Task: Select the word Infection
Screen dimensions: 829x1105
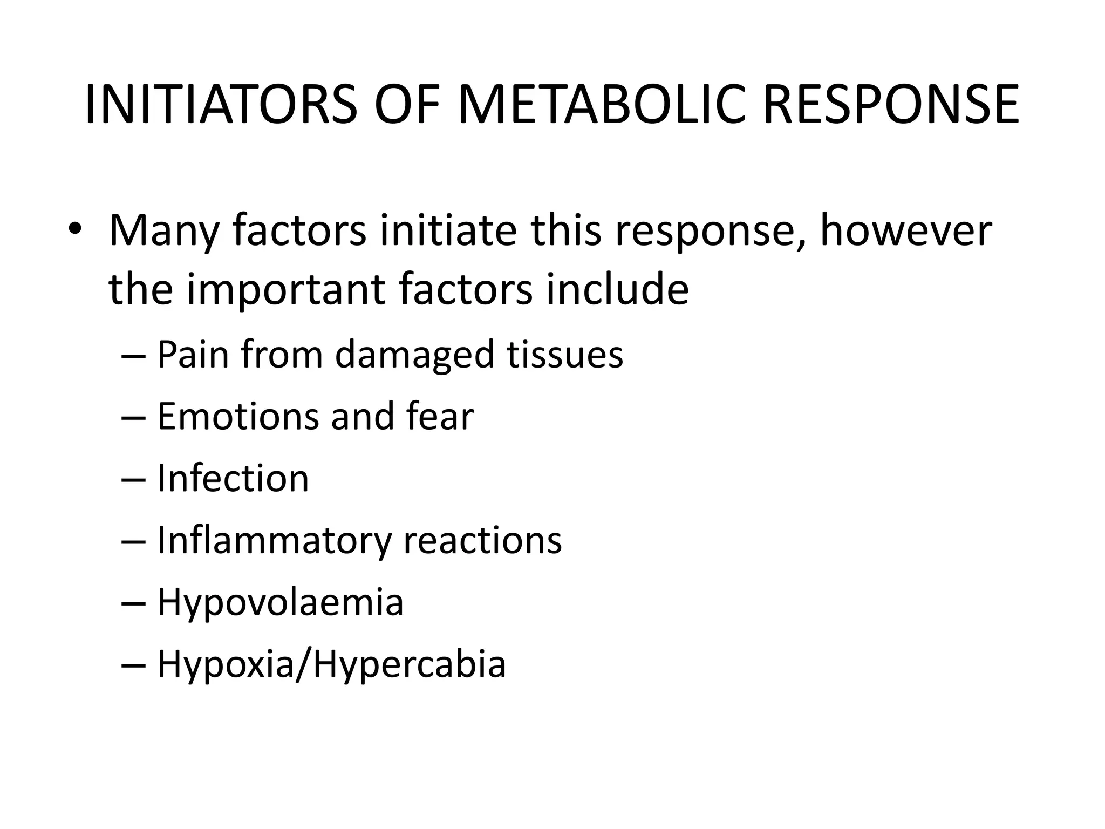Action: tap(233, 479)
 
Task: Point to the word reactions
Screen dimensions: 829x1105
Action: tap(482, 540)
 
